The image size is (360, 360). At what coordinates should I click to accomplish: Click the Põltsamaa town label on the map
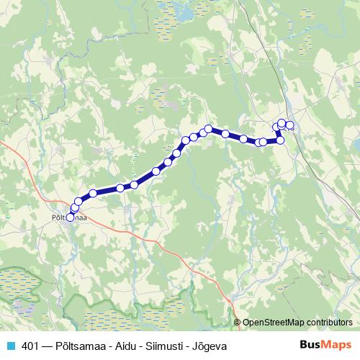click(70, 216)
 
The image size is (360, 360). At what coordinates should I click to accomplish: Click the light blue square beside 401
click(10, 346)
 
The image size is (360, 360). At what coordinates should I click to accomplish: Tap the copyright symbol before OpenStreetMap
click(237, 323)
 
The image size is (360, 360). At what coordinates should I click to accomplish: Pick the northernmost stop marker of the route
click(282, 123)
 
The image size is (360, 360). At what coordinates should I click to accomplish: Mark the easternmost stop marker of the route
click(290, 125)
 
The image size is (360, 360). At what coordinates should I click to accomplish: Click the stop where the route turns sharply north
click(281, 140)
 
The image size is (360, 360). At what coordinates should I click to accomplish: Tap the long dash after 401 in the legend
click(48, 346)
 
